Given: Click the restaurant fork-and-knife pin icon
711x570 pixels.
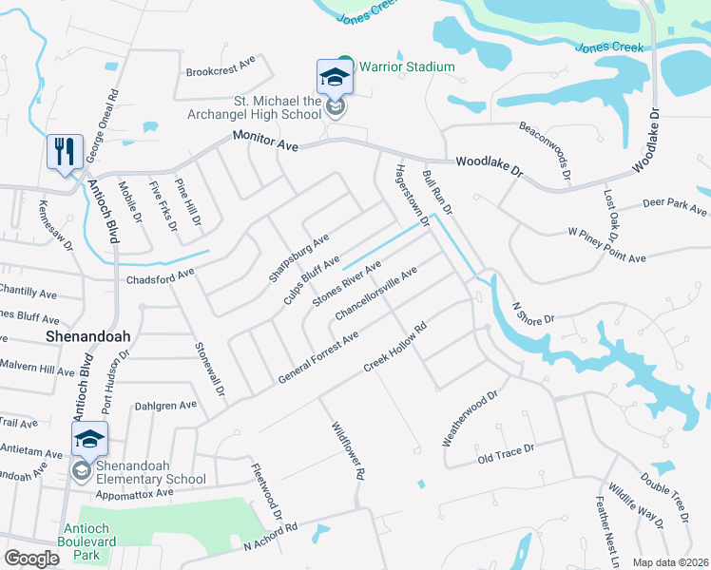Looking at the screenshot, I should click(64, 151).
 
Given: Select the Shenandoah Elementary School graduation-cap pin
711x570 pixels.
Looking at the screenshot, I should click(89, 440).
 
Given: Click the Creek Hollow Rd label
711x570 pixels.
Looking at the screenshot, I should click(396, 348).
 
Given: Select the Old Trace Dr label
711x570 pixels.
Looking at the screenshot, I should click(506, 454).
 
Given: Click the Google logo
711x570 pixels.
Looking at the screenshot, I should click(31, 559).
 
